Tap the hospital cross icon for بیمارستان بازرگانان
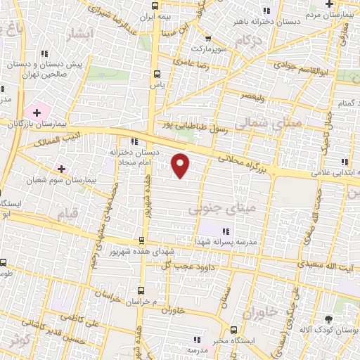tap(36, 112)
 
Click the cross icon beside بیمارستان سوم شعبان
tap(62, 169)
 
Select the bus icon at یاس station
tap(156, 72)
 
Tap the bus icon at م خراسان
tap(141, 289)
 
